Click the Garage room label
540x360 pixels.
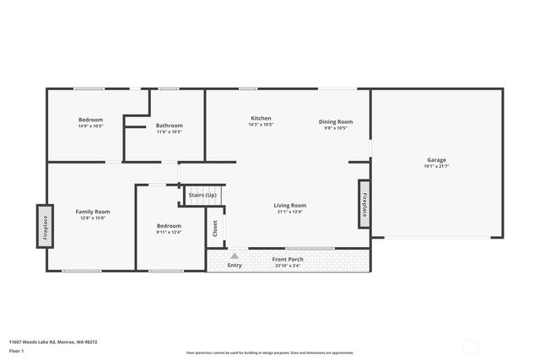tap(436, 159)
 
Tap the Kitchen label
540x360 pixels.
tap(261, 118)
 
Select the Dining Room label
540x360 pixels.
tap(335, 121)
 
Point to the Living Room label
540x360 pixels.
tap(289, 205)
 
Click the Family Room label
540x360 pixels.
tap(93, 212)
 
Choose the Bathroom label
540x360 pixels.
tap(169, 126)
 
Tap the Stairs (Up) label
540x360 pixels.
tap(202, 195)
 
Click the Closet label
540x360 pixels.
tap(215, 228)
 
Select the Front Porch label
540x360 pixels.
tap(287, 260)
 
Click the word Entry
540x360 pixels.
tap(235, 266)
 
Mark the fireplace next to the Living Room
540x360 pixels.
tap(364, 202)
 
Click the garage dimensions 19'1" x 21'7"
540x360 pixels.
tap(436, 165)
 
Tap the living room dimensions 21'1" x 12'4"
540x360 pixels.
tap(289, 212)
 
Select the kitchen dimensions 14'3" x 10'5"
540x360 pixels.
tap(261, 125)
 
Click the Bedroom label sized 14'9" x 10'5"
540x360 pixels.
tap(90, 120)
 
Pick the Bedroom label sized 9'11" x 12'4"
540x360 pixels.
tap(169, 226)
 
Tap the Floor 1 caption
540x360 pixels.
tap(16, 350)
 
